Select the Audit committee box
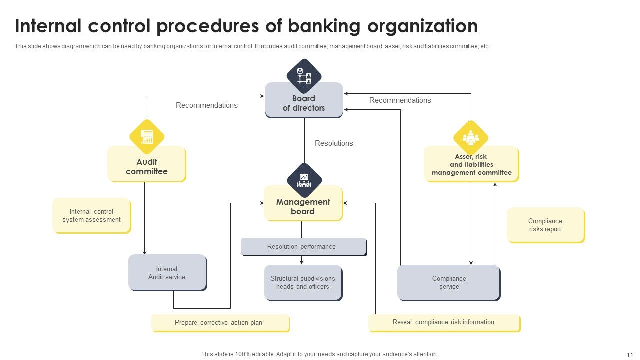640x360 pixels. [146, 166]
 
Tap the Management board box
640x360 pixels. [303, 206]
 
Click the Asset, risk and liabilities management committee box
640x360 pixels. [471, 165]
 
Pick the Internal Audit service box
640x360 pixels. [167, 273]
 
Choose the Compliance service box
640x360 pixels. [449, 283]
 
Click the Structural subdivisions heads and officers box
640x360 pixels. [303, 283]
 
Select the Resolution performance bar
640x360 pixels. [303, 247]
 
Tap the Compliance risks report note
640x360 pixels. [545, 225]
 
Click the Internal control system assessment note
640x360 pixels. [91, 216]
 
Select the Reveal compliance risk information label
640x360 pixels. [444, 322]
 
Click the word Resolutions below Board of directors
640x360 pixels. [334, 143]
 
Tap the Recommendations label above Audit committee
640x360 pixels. [206, 105]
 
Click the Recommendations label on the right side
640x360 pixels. [400, 100]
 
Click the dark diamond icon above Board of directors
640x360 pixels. [304, 76]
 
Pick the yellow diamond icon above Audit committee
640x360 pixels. [147, 136]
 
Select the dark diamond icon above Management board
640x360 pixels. [304, 180]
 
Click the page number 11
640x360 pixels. [629, 355]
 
